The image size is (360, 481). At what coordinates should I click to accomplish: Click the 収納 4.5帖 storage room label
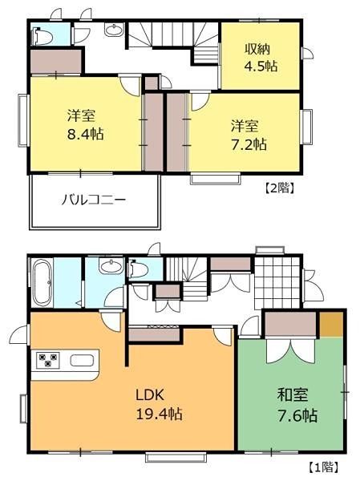pyautogui.click(x=261, y=58)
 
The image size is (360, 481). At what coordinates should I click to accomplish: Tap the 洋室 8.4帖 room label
pyautogui.click(x=85, y=125)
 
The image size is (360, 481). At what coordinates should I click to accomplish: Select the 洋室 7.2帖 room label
pyautogui.click(x=249, y=135)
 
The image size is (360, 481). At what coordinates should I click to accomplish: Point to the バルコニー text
pyautogui.click(x=94, y=200)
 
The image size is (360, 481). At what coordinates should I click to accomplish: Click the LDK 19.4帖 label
pyautogui.click(x=159, y=405)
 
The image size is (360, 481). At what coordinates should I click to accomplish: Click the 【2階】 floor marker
pyautogui.click(x=280, y=188)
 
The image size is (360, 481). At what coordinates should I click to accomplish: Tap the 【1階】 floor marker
pyautogui.click(x=323, y=467)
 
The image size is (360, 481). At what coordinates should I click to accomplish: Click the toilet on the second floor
pyautogui.click(x=42, y=37)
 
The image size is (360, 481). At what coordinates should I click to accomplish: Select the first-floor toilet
pyautogui.click(x=139, y=269)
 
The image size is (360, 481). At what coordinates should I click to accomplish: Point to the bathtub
pyautogui.click(x=42, y=283)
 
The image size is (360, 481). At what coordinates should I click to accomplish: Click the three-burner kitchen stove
pyautogui.click(x=48, y=360)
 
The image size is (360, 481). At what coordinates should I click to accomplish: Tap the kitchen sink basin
pyautogui.click(x=82, y=361)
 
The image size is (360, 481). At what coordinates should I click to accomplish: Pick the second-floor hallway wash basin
pyautogui.click(x=114, y=30)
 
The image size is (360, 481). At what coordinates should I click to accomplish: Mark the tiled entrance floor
pyautogui.click(x=277, y=283)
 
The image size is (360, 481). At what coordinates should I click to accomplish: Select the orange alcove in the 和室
pyautogui.click(x=331, y=325)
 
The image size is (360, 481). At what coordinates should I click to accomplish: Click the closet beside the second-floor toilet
pyautogui.click(x=55, y=62)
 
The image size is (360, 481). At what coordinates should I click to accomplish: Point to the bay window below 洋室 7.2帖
pyautogui.click(x=215, y=179)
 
